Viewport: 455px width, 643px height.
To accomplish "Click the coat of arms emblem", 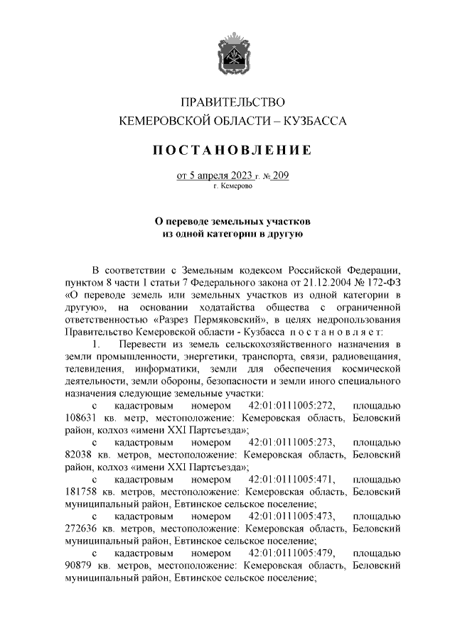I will click(x=227, y=55).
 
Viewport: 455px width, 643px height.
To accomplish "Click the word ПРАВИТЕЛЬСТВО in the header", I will click(x=227, y=102).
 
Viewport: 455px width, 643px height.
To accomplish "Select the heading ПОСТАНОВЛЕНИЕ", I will click(x=227, y=150).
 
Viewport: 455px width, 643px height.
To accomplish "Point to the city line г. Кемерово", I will click(x=227, y=187).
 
